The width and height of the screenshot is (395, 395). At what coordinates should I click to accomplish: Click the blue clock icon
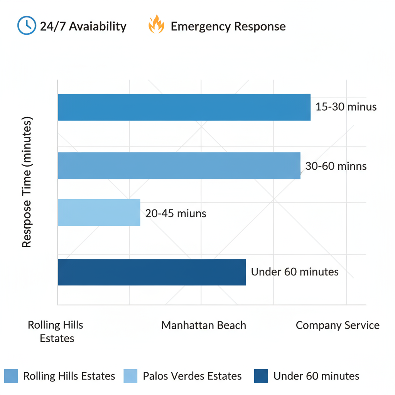26,26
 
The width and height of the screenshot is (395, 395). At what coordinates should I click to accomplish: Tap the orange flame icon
156,25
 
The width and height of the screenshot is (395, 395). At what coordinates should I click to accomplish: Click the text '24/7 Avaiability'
83,26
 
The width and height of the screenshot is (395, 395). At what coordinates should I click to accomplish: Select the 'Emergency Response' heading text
228,26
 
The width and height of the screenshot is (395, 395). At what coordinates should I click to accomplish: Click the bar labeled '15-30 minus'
184,107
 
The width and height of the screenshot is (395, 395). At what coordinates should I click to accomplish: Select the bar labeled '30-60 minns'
179,165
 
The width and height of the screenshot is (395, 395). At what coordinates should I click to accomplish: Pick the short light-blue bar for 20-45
99,213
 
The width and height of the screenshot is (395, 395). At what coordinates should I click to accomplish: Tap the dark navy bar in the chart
152,272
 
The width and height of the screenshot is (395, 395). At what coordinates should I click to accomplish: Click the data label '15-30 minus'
346,107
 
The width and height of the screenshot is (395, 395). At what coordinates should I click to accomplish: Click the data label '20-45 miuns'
176,213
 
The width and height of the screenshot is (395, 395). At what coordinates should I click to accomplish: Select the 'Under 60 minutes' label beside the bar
295,272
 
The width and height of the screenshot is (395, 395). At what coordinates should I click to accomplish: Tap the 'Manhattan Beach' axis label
204,325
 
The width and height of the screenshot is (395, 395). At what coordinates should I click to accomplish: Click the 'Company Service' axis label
338,325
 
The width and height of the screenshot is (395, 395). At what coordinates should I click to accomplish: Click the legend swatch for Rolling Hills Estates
11,376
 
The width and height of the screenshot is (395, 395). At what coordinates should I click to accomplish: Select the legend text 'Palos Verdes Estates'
192,376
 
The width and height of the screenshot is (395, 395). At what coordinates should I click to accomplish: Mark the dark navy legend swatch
261,376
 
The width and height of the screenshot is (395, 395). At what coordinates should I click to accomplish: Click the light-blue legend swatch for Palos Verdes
130,376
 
